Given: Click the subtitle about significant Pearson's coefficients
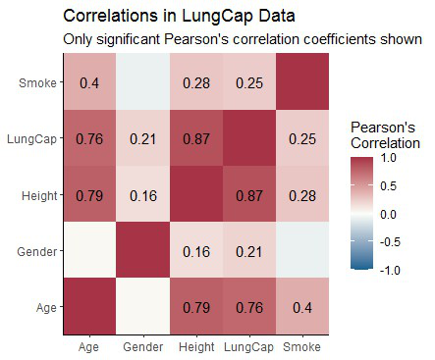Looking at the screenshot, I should click(x=242, y=39).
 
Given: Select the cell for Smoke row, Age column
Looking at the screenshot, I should click(x=89, y=83).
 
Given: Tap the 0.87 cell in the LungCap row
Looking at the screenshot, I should click(x=196, y=139).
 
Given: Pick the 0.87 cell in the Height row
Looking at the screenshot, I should click(x=249, y=194).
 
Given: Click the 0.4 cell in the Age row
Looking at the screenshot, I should click(x=302, y=306).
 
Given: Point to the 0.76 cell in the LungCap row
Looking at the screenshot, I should click(x=89, y=139).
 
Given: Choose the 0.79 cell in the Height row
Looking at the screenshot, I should click(x=89, y=194).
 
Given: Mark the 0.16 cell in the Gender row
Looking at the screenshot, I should click(x=196, y=250).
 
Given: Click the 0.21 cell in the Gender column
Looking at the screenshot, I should click(x=143, y=139).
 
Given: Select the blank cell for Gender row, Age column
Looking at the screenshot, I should click(x=89, y=250).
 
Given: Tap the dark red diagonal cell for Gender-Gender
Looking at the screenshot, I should click(x=143, y=250).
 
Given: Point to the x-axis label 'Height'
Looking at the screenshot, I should click(x=196, y=346).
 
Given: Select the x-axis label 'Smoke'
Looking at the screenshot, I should click(x=302, y=346).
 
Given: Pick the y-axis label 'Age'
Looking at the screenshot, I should click(x=45, y=306).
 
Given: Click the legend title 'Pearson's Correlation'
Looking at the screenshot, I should click(x=385, y=135).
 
